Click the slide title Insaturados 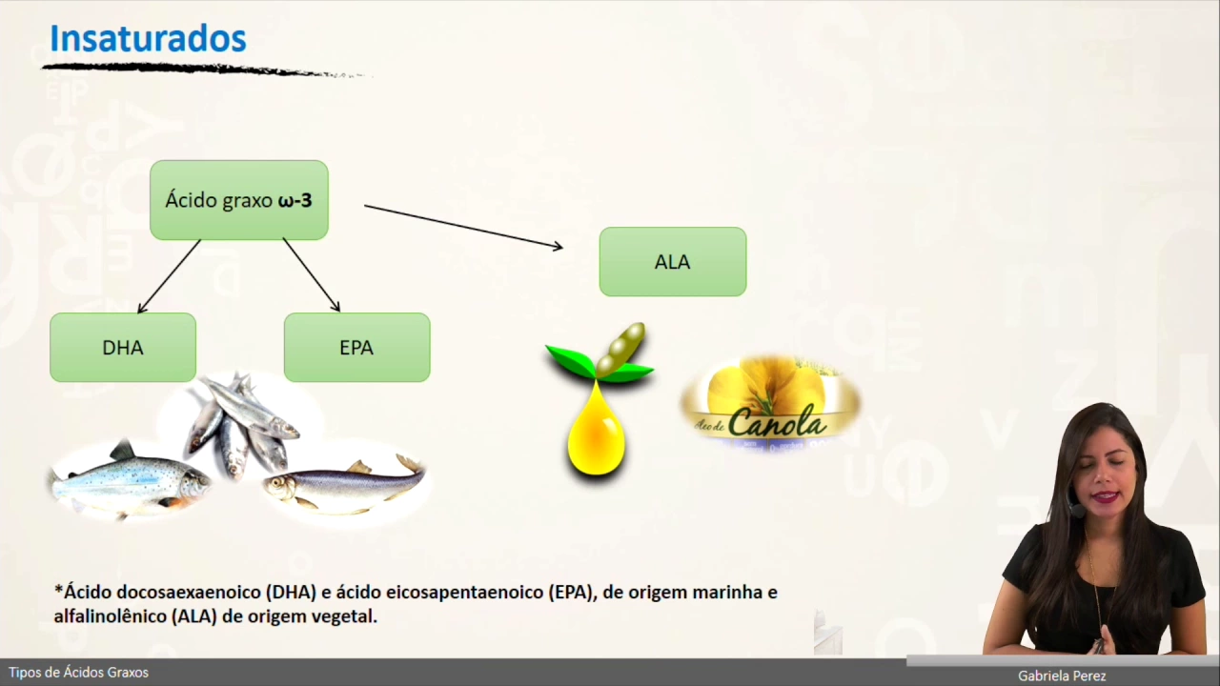148,39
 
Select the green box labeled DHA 123,348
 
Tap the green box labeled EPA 356,348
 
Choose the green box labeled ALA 672,262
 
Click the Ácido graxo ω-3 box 238,200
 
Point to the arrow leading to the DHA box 170,276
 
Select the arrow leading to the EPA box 312,275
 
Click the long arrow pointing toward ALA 463,227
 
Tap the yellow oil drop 596,434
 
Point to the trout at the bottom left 129,481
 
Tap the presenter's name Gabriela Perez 1062,676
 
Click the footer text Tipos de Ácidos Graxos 79,673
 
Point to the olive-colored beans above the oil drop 622,348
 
